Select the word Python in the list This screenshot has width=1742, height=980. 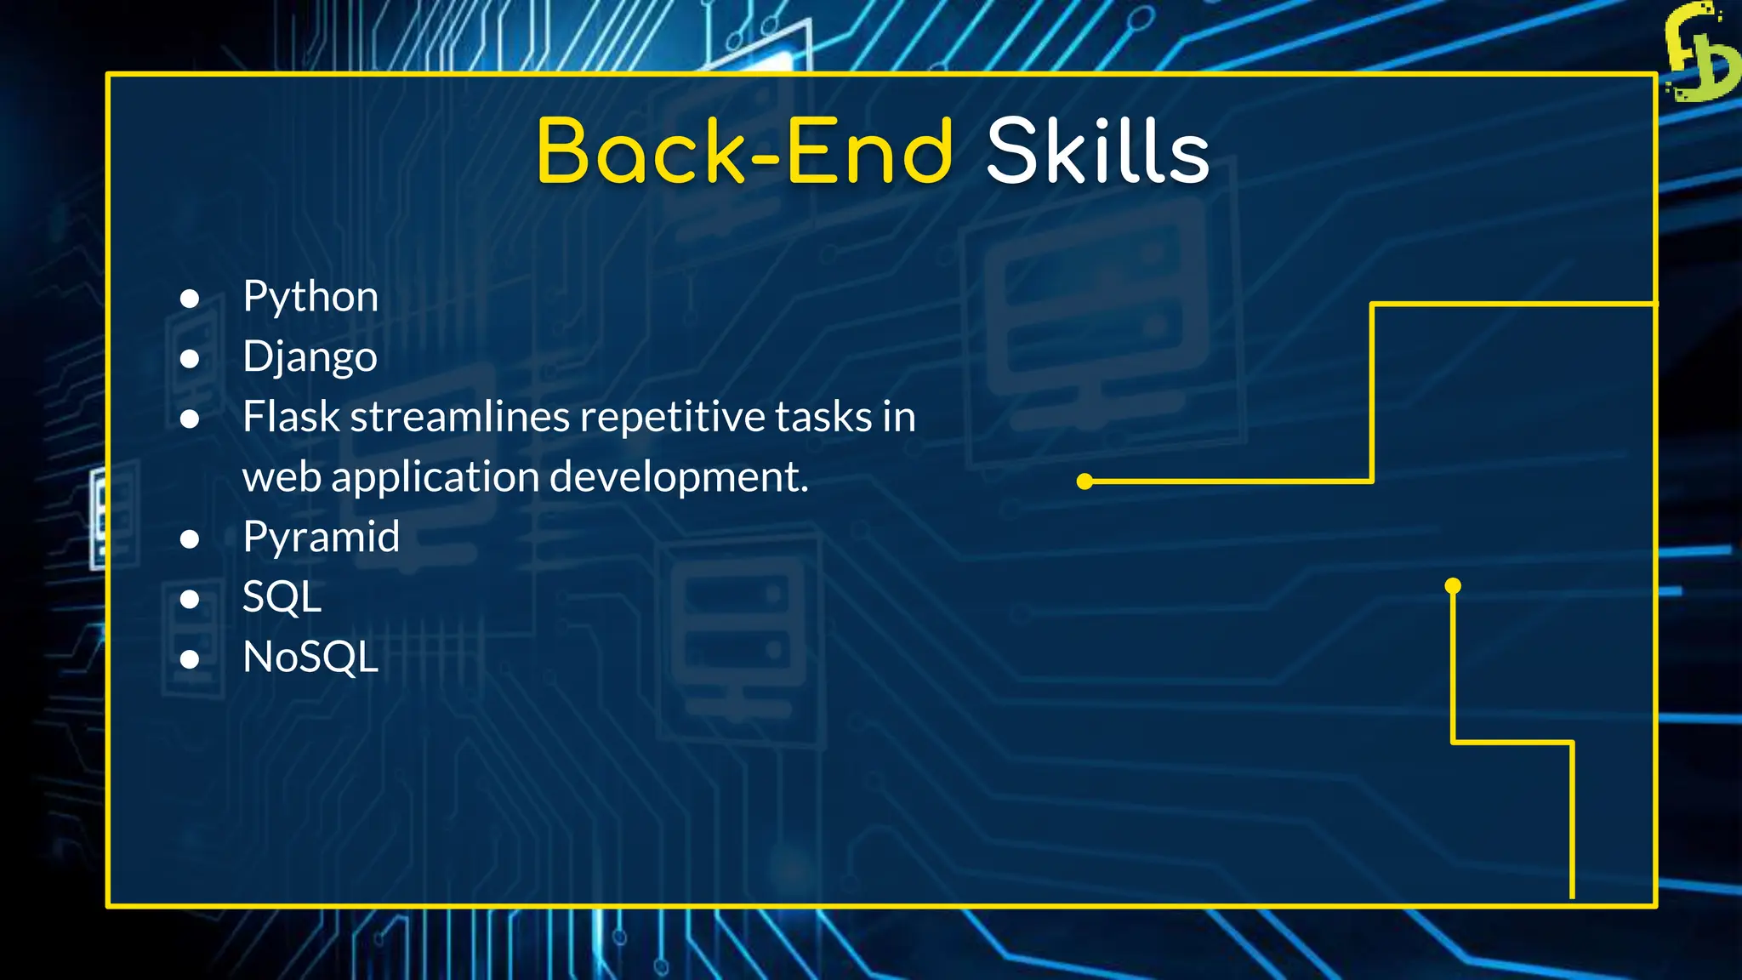[310, 297]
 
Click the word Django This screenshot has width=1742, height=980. [310, 356]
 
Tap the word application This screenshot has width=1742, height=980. [436, 477]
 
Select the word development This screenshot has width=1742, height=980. [679, 477]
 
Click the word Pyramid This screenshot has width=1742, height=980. [321, 537]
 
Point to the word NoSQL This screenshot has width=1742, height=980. [310, 657]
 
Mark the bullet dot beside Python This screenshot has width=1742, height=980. [190, 299]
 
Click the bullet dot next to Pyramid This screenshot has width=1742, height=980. [190, 538]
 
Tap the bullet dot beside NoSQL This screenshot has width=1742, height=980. [190, 658]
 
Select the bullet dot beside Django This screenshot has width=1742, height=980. [190, 359]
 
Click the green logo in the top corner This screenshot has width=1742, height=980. [1700, 53]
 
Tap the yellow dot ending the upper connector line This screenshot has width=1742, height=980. [1084, 481]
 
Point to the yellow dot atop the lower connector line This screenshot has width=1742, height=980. [1453, 585]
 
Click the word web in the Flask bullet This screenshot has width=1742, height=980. [282, 477]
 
